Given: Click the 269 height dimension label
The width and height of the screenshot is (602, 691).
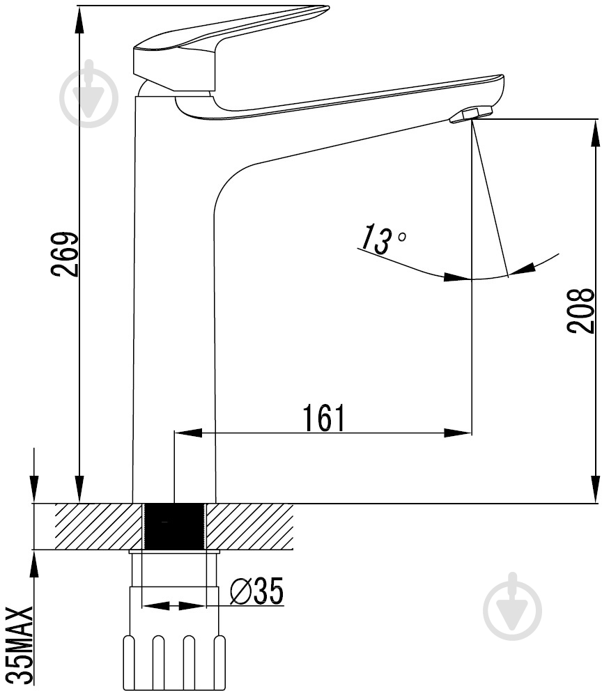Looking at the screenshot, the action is [x=65, y=254].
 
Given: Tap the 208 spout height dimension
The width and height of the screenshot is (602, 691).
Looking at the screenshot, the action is [x=581, y=310].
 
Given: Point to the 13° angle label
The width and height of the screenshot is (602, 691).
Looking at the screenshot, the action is [x=382, y=239].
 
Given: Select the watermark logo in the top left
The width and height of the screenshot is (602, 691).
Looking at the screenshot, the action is [x=89, y=93].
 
